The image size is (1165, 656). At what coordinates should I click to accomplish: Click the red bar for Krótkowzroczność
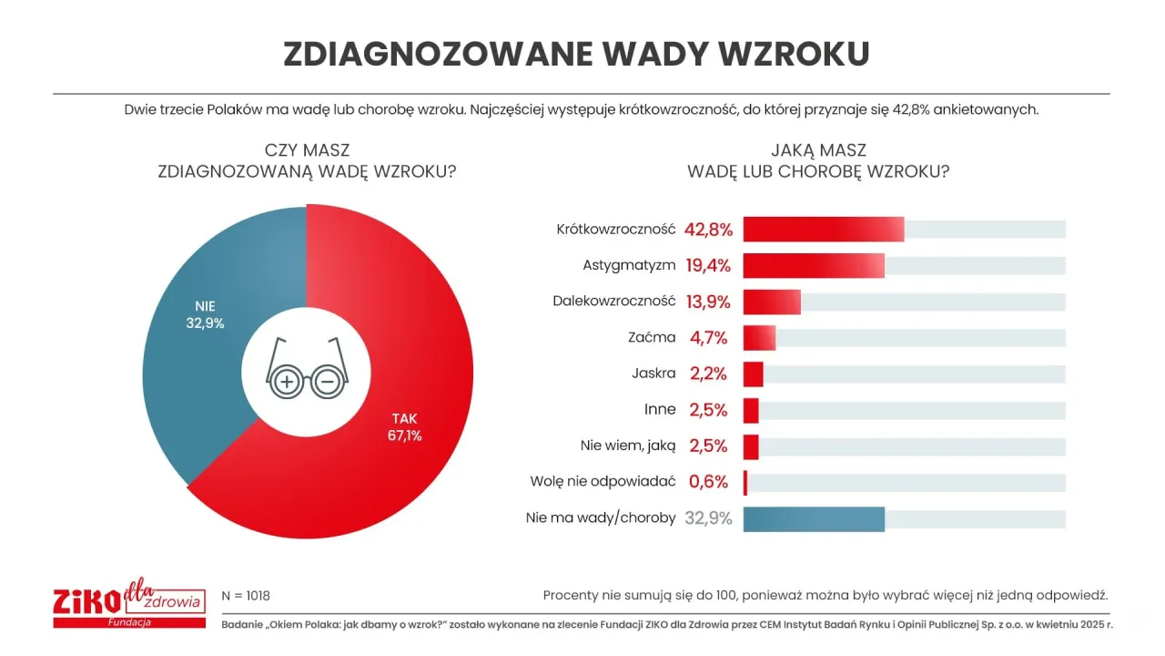click(x=824, y=230)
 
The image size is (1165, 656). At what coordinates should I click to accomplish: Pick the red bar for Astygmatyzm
click(x=814, y=265)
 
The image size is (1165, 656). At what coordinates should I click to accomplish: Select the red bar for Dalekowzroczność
click(x=772, y=302)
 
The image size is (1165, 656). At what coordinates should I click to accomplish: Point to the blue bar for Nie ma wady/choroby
click(x=814, y=518)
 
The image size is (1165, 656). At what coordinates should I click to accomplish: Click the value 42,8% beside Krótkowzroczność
click(x=709, y=230)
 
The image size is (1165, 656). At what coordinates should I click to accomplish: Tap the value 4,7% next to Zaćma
click(x=709, y=338)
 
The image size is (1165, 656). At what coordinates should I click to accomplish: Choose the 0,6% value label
click(x=709, y=482)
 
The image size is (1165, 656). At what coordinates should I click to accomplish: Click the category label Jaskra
click(x=653, y=374)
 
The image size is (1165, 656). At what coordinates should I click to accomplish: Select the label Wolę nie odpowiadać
click(x=603, y=482)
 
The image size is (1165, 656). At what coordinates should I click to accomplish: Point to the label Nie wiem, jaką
click(x=628, y=446)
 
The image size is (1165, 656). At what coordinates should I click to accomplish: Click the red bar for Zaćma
click(x=759, y=338)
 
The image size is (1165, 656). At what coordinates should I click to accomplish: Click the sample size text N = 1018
click(x=246, y=596)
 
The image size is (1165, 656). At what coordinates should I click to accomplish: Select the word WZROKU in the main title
click(x=794, y=54)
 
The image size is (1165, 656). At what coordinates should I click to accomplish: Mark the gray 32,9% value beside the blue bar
click(x=708, y=518)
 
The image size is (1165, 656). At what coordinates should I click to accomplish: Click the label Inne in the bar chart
click(x=660, y=409)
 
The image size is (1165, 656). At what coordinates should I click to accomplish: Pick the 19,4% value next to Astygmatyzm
click(x=709, y=266)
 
